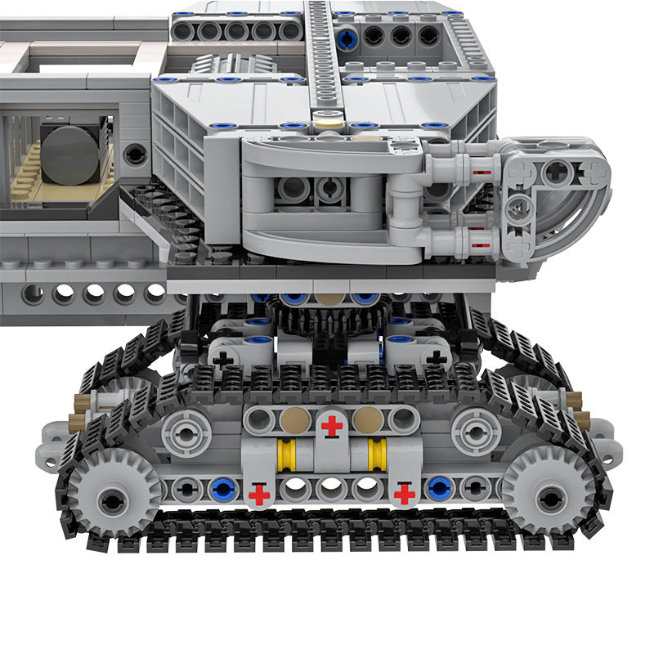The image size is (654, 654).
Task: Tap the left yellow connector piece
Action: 285,455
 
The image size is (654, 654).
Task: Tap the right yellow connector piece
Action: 378,455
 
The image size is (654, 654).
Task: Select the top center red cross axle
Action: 331,425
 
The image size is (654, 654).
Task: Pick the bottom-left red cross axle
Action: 259,494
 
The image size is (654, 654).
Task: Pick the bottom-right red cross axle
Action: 404,494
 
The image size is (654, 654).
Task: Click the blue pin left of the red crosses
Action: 222,489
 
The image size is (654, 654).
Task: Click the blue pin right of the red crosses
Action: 439,489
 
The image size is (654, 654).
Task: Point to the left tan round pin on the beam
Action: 294,420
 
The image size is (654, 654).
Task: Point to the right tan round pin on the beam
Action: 368,420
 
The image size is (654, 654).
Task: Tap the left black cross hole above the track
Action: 222,358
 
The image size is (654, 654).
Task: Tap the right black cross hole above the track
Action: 437,357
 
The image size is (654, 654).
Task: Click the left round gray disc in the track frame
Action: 186,432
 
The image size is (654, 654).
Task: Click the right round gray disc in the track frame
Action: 476,431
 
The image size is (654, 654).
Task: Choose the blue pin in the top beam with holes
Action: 347,36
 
